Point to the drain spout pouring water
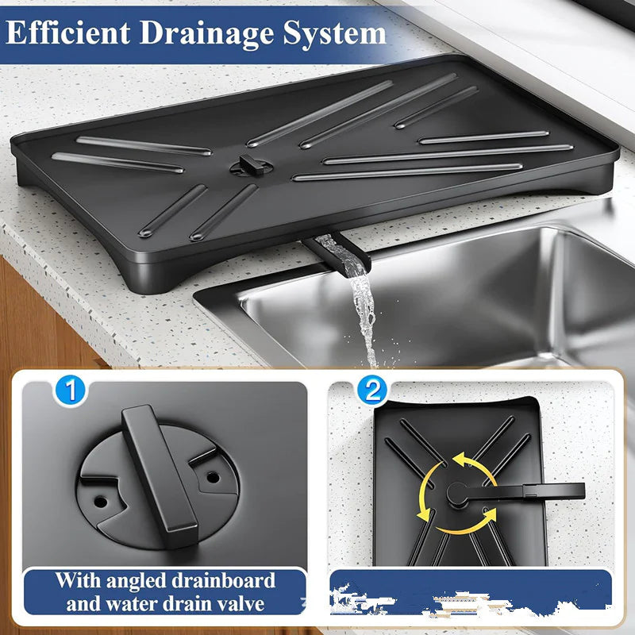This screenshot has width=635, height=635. coord(329,252)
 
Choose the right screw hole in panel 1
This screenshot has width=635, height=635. coord(212,479)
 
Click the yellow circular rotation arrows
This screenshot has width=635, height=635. coord(456,488)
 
